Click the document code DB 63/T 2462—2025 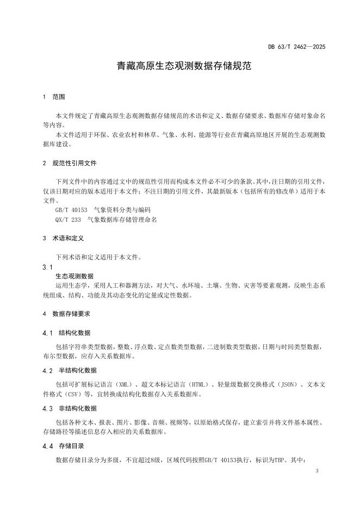pos(296,47)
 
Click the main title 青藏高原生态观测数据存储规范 pos(179,67)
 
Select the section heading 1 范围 pos(54,97)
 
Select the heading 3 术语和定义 pos(63,238)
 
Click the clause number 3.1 pos(47,268)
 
